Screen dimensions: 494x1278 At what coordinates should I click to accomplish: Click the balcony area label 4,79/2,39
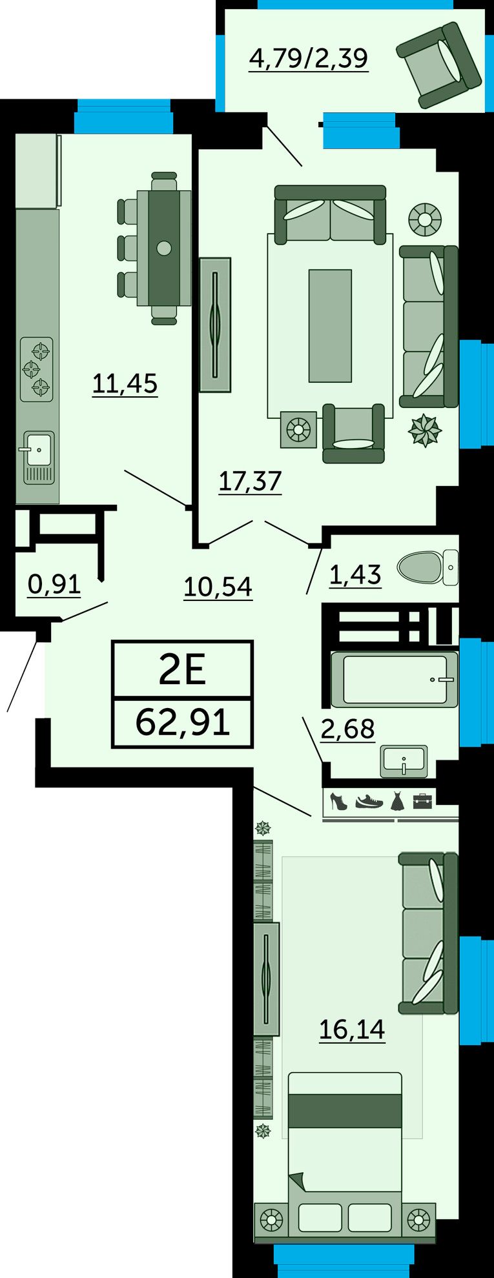pyautogui.click(x=309, y=59)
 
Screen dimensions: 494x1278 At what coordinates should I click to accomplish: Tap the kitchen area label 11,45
pyautogui.click(x=125, y=383)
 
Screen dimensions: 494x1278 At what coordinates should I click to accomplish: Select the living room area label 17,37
pyautogui.click(x=251, y=481)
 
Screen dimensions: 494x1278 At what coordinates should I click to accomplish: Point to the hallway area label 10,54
pyautogui.click(x=218, y=587)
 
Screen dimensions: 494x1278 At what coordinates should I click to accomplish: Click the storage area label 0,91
pyautogui.click(x=54, y=584)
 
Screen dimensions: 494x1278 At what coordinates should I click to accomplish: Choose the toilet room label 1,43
pyautogui.click(x=355, y=574)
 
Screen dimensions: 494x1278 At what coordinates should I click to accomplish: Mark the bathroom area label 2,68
pyautogui.click(x=347, y=729)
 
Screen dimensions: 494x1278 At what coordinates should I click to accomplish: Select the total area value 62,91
pyautogui.click(x=183, y=722)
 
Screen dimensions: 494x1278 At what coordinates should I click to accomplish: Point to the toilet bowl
pyautogui.click(x=427, y=567)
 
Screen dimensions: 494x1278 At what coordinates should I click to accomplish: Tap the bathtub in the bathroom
pyautogui.click(x=395, y=680)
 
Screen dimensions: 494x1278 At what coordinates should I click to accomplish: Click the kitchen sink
pyautogui.click(x=38, y=456)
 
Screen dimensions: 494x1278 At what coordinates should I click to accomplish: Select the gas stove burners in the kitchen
pyautogui.click(x=36, y=370)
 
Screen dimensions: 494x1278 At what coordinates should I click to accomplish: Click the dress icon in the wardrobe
pyautogui.click(x=396, y=801)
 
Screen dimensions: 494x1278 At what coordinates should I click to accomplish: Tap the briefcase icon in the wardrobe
pyautogui.click(x=424, y=800)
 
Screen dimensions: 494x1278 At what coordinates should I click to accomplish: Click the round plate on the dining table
pyautogui.click(x=164, y=247)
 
